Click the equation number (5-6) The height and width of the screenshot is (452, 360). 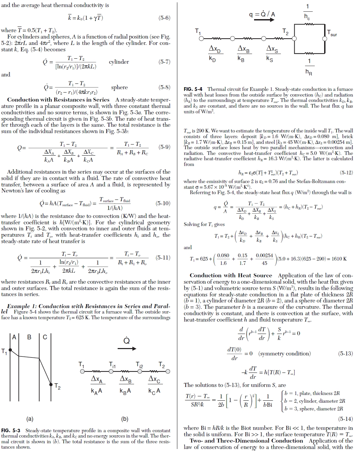click(x=164, y=18)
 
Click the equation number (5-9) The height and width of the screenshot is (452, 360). click(x=164, y=147)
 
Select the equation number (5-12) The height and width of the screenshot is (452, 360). click(x=346, y=173)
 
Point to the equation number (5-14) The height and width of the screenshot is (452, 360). click(x=346, y=419)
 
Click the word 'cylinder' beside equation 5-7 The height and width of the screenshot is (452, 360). click(x=119, y=62)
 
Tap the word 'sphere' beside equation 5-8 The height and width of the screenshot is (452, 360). click(x=119, y=88)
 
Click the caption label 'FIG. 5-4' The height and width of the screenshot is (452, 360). click(x=193, y=89)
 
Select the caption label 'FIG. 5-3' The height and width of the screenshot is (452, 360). click(x=11, y=431)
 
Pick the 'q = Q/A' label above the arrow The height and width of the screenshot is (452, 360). click(x=262, y=14)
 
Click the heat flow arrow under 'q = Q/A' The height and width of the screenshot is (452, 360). click(x=264, y=20)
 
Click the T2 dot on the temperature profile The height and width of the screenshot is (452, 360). click(x=51, y=384)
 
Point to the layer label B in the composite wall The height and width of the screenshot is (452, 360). click(x=29, y=337)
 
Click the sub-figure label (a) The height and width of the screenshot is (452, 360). click(x=30, y=418)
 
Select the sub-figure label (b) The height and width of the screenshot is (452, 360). click(x=125, y=418)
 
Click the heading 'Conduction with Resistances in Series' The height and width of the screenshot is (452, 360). click(x=58, y=100)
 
